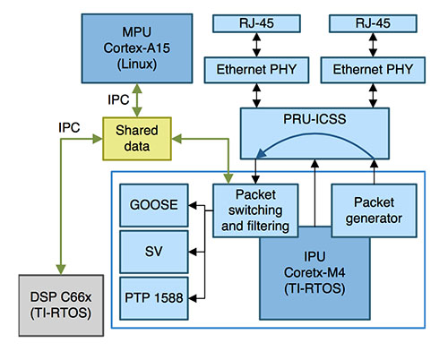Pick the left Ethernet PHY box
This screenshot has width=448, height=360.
[x=256, y=69]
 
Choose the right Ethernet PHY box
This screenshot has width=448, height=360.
[x=374, y=69]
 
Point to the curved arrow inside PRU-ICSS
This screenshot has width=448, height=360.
[x=315, y=140]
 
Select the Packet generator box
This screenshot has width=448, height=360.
[x=374, y=210]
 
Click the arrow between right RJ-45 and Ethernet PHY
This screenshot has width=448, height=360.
[x=374, y=47]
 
